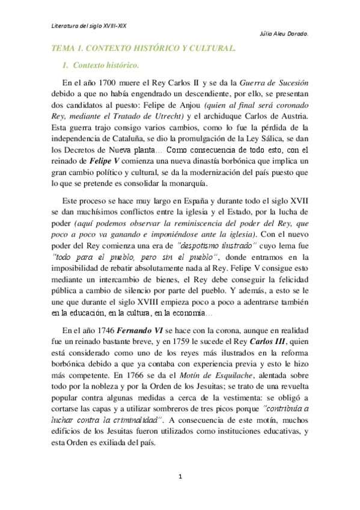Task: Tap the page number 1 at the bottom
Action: pyautogui.click(x=180, y=477)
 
